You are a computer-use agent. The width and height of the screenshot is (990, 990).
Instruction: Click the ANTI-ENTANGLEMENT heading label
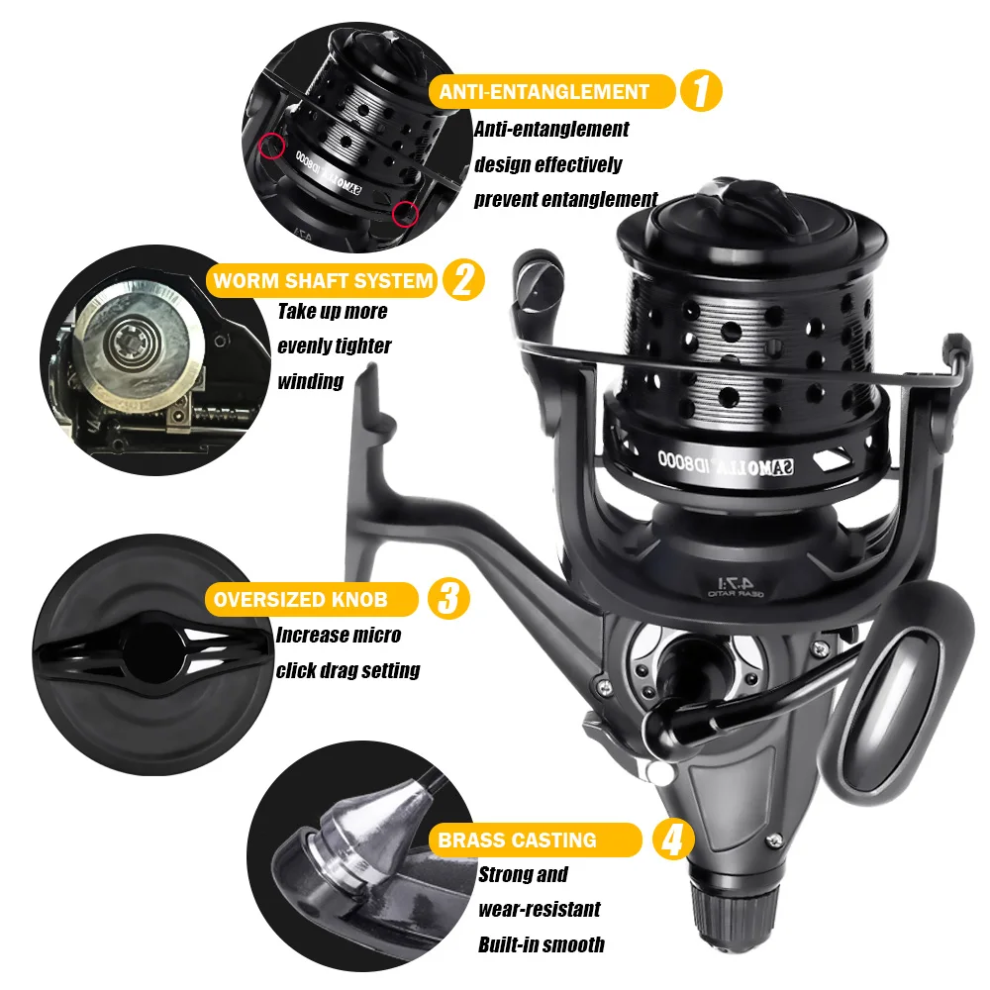pyautogui.click(x=544, y=92)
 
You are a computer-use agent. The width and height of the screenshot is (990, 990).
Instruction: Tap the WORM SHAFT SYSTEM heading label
pyautogui.click(x=323, y=280)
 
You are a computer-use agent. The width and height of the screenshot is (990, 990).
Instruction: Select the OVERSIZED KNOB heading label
pyautogui.click(x=314, y=599)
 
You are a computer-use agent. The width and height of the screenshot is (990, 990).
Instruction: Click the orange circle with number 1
pyautogui.click(x=700, y=92)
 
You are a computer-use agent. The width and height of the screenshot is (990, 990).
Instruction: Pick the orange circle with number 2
pyautogui.click(x=462, y=280)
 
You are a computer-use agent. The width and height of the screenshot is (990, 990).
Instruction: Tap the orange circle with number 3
pyautogui.click(x=447, y=599)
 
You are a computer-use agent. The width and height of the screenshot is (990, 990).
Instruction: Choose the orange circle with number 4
pyautogui.click(x=672, y=841)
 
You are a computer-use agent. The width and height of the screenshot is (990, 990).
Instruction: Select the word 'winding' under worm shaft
pyautogui.click(x=311, y=381)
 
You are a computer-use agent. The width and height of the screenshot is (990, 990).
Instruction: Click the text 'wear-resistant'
pyautogui.click(x=540, y=909)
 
